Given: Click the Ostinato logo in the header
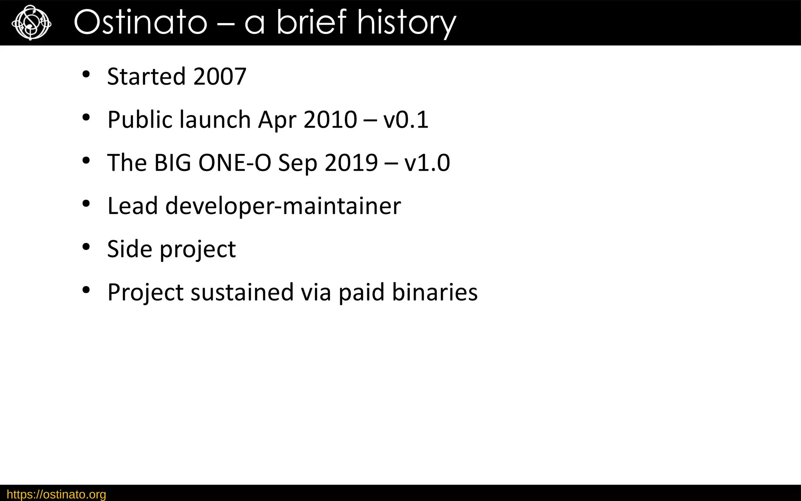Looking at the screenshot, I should pyautogui.click(x=31, y=23).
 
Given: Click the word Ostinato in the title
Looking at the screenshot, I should pyautogui.click(x=140, y=23).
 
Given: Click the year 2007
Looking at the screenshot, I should pyautogui.click(x=220, y=76).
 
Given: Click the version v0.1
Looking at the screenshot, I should pyautogui.click(x=406, y=120).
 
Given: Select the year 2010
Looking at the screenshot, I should pyautogui.click(x=330, y=120).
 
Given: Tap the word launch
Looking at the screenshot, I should pyautogui.click(x=215, y=120).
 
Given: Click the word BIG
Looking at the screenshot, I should pyautogui.click(x=173, y=163).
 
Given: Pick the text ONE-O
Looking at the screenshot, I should pyautogui.click(x=235, y=163).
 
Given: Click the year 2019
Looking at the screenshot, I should pyautogui.click(x=351, y=163).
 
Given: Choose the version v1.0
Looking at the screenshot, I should pyautogui.click(x=427, y=163).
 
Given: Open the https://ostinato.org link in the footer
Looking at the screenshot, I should pyautogui.click(x=56, y=494).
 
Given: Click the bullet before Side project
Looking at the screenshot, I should pyautogui.click(x=86, y=247).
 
